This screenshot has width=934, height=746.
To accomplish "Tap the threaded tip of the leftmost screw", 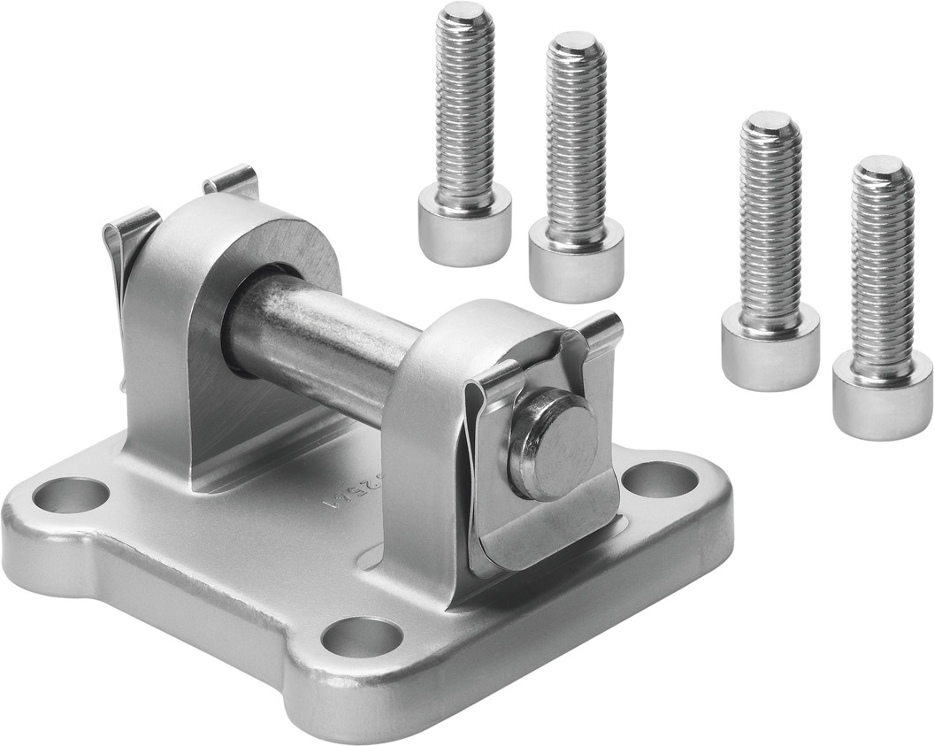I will pyautogui.click(x=465, y=15).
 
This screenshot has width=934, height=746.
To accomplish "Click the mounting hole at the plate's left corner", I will pyautogui.click(x=71, y=495).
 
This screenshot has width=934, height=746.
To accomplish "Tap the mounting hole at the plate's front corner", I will pyautogui.click(x=362, y=637).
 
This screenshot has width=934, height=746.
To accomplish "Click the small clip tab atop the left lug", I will pyautogui.click(x=231, y=181).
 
